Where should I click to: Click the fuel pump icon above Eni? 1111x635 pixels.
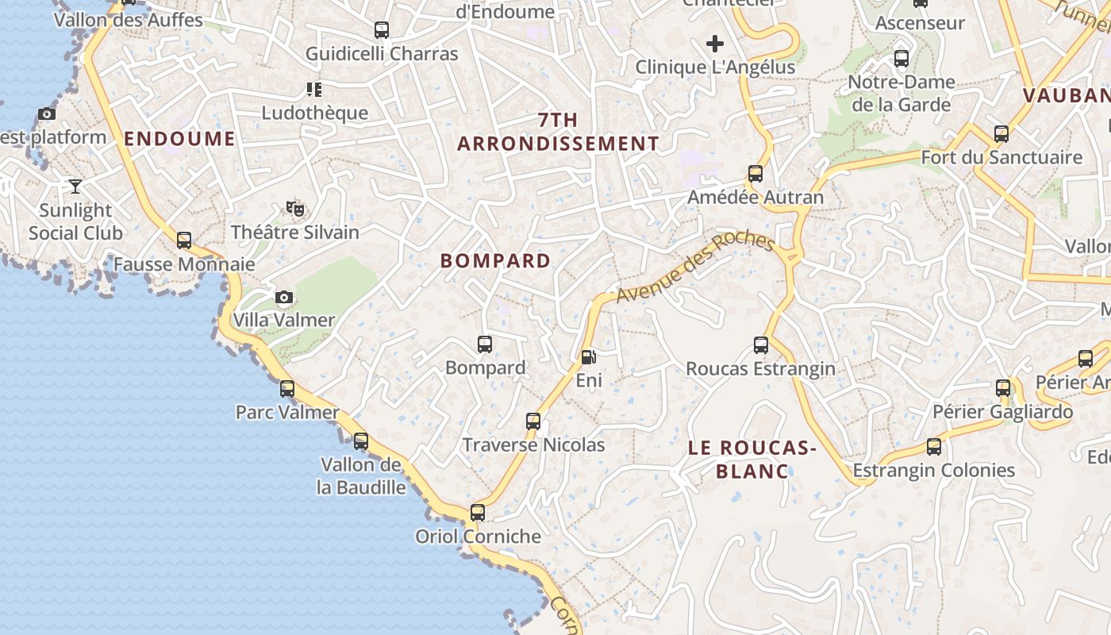point(588,358)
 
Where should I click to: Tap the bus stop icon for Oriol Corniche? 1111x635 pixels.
point(477,513)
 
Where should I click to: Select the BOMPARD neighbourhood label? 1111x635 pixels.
point(495,260)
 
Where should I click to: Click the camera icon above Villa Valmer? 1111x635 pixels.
point(283,298)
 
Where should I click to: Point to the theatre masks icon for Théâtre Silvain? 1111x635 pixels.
point(295,209)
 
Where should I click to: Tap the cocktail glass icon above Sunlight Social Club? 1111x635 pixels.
point(75,187)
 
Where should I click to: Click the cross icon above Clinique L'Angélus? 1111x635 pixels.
point(715,44)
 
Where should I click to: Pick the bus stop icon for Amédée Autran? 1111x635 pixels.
point(755,174)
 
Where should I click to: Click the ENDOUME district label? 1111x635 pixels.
point(179,139)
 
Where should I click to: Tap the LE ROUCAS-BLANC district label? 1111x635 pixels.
point(752,460)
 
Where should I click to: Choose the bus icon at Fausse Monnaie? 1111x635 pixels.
point(184,240)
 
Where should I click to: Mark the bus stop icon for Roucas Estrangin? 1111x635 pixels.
point(761,345)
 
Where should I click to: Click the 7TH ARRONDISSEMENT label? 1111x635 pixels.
point(558,132)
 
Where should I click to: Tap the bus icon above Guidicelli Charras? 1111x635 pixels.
point(382,30)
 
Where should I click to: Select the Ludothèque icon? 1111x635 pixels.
point(314,89)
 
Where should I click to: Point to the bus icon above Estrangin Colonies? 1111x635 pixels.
point(934,447)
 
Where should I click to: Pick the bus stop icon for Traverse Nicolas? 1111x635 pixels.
point(533,421)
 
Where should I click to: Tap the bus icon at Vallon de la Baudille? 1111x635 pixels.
point(361,441)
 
